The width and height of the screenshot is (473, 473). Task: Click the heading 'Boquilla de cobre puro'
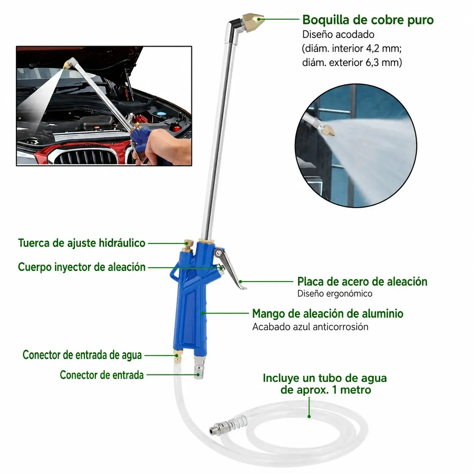pyautogui.click(x=368, y=20)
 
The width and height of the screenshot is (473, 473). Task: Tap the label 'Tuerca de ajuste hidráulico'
pyautogui.click(x=82, y=243)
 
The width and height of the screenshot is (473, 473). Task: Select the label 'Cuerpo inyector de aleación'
pyautogui.click(x=82, y=267)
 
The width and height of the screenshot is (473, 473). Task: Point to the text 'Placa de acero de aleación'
pyautogui.click(x=362, y=281)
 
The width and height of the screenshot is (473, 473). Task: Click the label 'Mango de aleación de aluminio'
pyautogui.click(x=328, y=313)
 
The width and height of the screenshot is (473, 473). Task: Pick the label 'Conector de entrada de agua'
pyautogui.click(x=82, y=355)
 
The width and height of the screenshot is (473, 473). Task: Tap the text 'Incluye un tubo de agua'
pyautogui.click(x=325, y=378)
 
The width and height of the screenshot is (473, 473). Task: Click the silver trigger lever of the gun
pyautogui.click(x=229, y=267)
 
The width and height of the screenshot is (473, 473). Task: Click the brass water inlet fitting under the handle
pyautogui.click(x=177, y=357)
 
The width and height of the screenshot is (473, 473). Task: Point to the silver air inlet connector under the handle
pyautogui.click(x=198, y=367)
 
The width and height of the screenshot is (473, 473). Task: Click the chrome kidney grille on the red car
pyautogui.click(x=86, y=156)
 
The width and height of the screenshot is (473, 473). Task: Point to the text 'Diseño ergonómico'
pyautogui.click(x=335, y=293)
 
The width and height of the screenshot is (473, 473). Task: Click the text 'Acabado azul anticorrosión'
pyautogui.click(x=310, y=327)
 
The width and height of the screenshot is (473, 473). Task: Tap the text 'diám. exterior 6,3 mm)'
pyautogui.click(x=352, y=63)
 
